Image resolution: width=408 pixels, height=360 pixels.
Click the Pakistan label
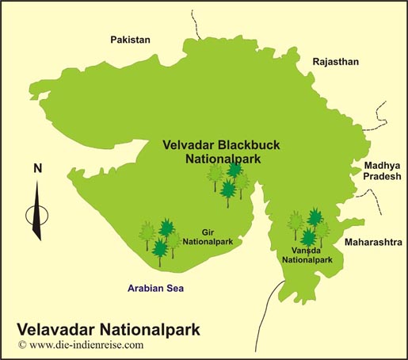(131, 40)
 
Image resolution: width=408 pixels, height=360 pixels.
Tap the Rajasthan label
(336, 61)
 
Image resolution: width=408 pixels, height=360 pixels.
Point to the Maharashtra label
(371, 239)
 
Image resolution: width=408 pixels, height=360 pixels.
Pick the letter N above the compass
(37, 168)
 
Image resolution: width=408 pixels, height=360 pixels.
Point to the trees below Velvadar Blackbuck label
(229, 182)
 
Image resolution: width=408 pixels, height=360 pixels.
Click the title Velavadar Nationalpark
(109, 328)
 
